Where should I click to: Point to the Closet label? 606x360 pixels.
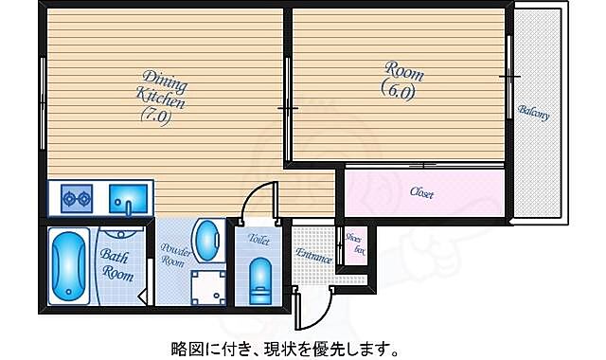[422, 193]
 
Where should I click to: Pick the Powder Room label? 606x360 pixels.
[175, 255]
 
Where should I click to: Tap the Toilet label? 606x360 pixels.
[258, 242]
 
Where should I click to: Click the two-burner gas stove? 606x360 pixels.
[76, 200]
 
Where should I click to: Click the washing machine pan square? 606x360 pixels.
[207, 287]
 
